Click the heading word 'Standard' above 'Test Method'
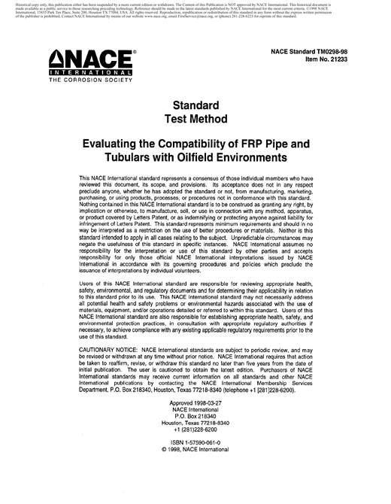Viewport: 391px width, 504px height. [195, 105]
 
